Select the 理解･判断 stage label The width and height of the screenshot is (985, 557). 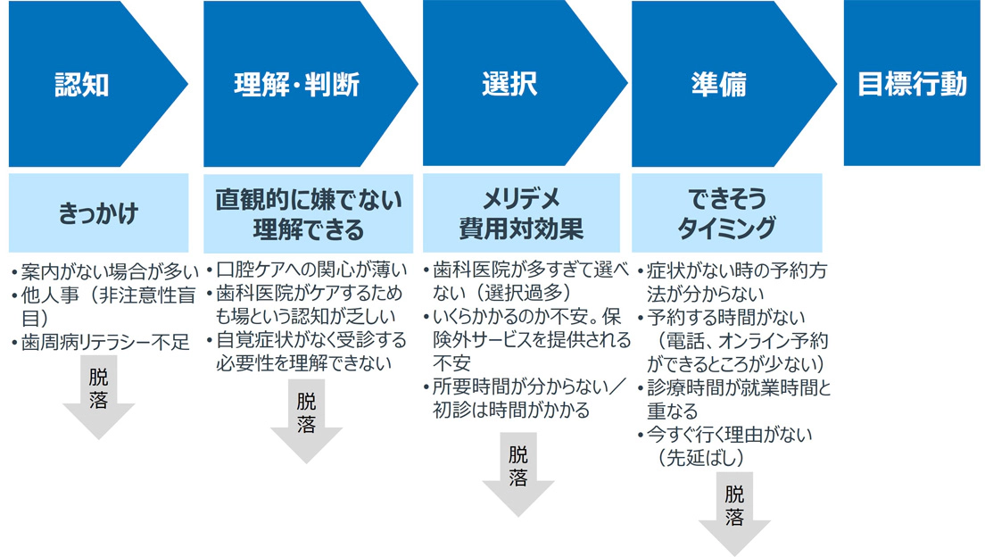[297, 86]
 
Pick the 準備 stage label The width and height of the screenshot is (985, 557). [718, 86]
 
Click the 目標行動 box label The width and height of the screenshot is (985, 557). [912, 85]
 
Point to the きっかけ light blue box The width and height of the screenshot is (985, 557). [98, 214]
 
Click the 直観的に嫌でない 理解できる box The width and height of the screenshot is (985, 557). [308, 214]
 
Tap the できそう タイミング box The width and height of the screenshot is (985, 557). [727, 214]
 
